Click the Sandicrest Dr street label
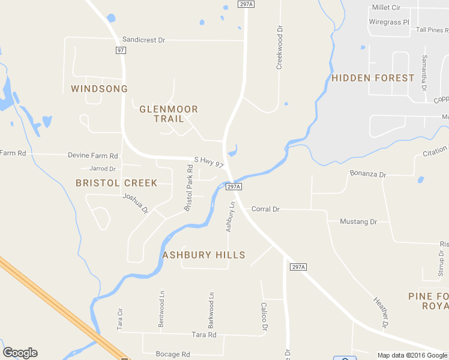(143, 40)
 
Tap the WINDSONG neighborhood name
(99, 89)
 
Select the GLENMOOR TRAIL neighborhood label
(169, 114)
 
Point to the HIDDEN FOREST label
(373, 78)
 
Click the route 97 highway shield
(121, 50)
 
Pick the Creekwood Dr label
(279, 47)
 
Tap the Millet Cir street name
(386, 7)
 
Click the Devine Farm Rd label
(93, 155)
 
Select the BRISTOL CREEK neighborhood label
(116, 183)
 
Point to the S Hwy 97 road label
(209, 162)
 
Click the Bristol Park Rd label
(188, 193)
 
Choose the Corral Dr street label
(265, 209)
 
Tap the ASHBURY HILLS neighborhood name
(204, 255)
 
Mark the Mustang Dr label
(358, 222)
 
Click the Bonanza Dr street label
(368, 174)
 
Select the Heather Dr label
(381, 313)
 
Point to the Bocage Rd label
(173, 354)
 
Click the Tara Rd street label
(203, 335)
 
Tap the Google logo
(20, 353)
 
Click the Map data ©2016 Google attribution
(412, 355)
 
